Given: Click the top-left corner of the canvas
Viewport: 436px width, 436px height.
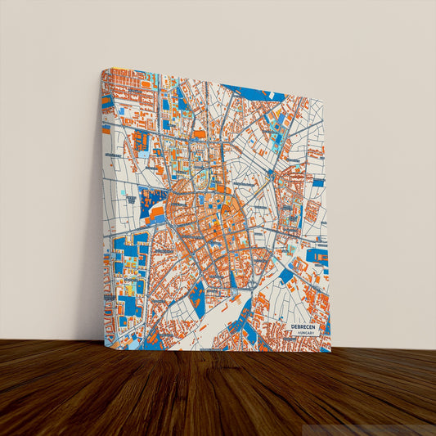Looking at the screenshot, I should (x=101, y=69).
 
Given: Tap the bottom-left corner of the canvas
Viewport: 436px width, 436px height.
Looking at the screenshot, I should (x=104, y=346).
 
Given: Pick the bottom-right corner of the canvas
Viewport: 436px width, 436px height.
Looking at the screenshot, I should (x=330, y=353).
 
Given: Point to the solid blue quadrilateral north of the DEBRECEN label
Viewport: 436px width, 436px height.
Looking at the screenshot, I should (x=285, y=276).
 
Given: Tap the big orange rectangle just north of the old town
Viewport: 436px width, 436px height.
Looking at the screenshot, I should (x=200, y=133).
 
